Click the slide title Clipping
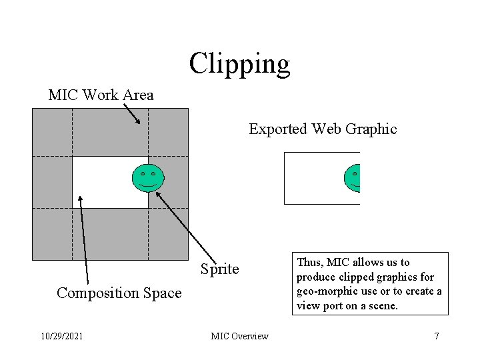pos(239,64)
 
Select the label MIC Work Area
pos(101,95)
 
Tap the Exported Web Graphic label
pos(323,129)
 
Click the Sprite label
pos(219,269)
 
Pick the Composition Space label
pos(119,293)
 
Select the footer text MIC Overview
pos(239,336)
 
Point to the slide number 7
pos(437,336)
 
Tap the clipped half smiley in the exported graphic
pos(353,178)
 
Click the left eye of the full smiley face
pos(143,174)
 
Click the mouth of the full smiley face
pos(148,184)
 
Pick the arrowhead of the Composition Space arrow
pos(81,198)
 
